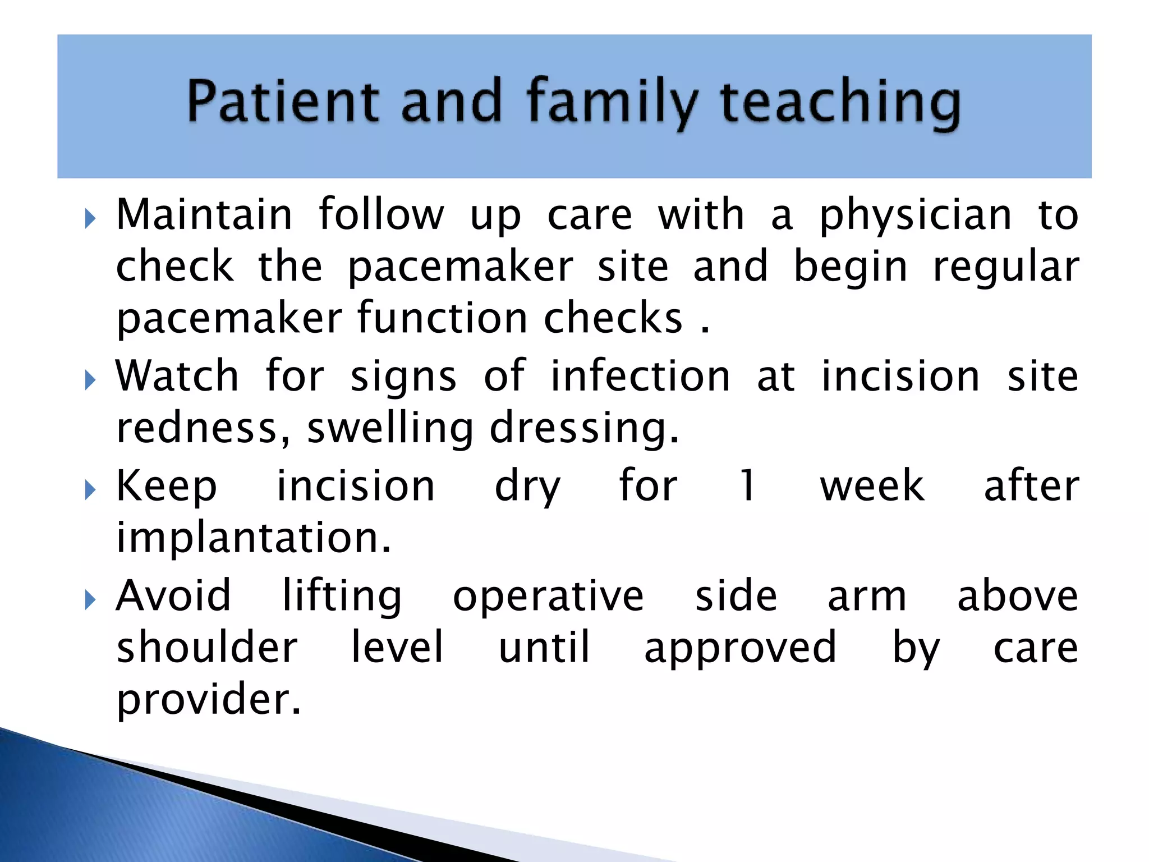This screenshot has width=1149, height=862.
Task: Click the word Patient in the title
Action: pyautogui.click(x=283, y=101)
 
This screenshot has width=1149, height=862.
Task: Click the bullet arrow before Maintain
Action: pyautogui.click(x=90, y=219)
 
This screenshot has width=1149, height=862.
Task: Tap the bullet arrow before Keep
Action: pyautogui.click(x=90, y=490)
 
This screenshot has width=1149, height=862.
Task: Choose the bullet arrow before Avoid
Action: pyautogui.click(x=90, y=600)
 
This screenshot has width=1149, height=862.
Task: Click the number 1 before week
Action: pyautogui.click(x=748, y=486)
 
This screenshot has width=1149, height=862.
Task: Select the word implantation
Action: pyautogui.click(x=253, y=539)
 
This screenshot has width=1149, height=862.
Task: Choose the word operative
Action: pyautogui.click(x=548, y=597)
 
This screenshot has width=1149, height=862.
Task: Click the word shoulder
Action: pyautogui.click(x=207, y=648)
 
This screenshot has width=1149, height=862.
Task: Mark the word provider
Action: pyautogui.click(x=209, y=700)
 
